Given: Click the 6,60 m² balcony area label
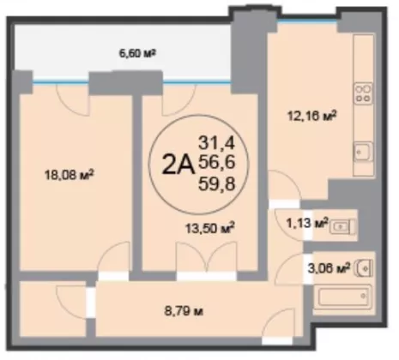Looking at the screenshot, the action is click(137, 53).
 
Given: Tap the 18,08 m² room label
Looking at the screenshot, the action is click(70, 175).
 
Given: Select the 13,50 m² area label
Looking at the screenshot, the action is click(210, 228).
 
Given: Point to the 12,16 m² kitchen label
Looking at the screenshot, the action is click(311, 116).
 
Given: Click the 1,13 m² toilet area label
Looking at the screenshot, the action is click(307, 223).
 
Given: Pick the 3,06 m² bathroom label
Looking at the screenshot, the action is click(329, 268).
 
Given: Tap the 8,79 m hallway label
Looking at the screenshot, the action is click(184, 311).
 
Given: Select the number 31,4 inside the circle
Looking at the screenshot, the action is click(217, 143).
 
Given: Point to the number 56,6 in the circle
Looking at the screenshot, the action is click(217, 163).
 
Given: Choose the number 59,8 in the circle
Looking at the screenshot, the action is click(217, 183).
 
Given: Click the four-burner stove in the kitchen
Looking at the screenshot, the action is click(363, 93).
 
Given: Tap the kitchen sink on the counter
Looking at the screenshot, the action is click(363, 152).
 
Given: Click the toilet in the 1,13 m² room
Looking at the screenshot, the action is click(342, 227).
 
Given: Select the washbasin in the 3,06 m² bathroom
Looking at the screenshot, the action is click(363, 268).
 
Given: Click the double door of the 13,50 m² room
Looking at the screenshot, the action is click(207, 257).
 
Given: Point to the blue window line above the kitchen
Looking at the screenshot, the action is click(307, 21).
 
